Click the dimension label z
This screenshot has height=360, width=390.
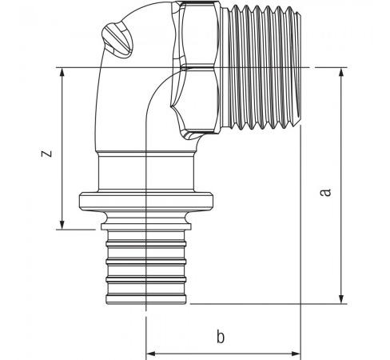click(46, 154)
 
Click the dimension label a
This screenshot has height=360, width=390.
click(325, 192)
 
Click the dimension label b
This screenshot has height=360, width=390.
click(221, 337)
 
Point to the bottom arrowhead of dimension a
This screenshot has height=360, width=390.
click(341, 299)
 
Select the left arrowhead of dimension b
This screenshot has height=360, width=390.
click(151, 354)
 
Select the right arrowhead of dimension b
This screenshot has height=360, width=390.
click(296, 354)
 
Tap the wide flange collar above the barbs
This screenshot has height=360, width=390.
click(146, 202)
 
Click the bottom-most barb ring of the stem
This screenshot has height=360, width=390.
click(146, 298)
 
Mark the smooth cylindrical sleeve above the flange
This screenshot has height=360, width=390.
click(146, 172)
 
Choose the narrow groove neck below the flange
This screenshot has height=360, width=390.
click(146, 218)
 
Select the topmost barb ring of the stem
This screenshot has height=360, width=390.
click(146, 243)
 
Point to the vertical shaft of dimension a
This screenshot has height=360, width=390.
click(341, 186)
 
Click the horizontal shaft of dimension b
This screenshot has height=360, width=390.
click(223, 354)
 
